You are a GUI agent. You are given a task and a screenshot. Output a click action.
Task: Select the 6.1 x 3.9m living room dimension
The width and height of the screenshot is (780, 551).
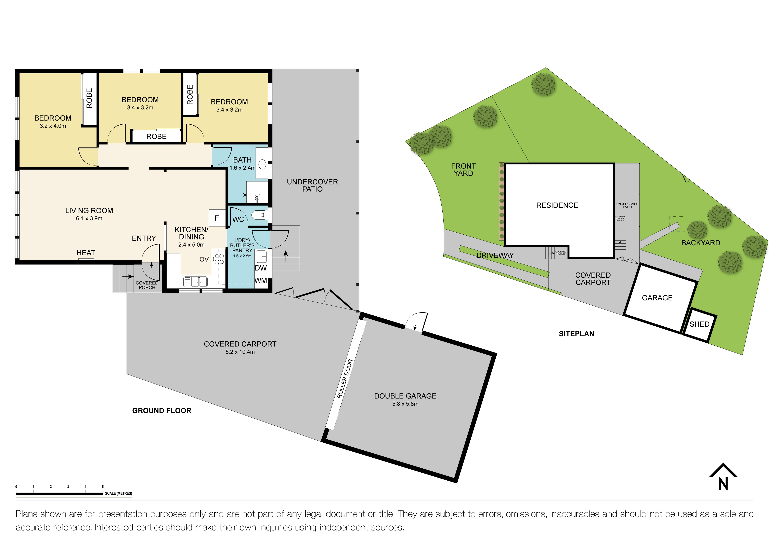pyautogui.click(x=89, y=218)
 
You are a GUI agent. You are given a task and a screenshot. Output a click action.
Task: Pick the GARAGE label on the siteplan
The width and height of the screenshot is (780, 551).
pyautogui.click(x=657, y=298)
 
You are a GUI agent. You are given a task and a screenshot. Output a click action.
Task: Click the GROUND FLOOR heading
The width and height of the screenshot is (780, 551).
pyautogui.click(x=162, y=410)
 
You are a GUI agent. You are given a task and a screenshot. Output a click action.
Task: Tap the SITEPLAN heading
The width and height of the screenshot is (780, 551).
pyautogui.click(x=576, y=334)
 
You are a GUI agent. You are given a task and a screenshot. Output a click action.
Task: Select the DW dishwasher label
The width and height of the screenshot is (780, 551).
pyautogui.click(x=261, y=268)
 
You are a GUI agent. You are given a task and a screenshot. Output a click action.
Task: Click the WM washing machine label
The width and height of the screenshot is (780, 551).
pyautogui.click(x=261, y=280)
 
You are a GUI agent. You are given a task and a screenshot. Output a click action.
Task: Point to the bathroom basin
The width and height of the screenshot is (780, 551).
pyautogui.click(x=263, y=165)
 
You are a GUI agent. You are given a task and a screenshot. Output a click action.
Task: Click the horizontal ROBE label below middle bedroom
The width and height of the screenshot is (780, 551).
pyautogui.click(x=156, y=136)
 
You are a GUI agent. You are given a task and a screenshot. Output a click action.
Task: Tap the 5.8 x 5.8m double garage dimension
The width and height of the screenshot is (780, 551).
pyautogui.click(x=405, y=404)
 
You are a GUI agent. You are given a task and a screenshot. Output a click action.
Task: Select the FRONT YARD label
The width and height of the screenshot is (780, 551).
pyautogui.click(x=463, y=169)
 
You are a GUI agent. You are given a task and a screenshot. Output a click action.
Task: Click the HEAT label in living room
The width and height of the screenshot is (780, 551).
pyautogui.click(x=86, y=253)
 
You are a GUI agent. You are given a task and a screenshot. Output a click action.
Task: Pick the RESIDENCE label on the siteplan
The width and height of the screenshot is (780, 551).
pyautogui.click(x=557, y=205)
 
